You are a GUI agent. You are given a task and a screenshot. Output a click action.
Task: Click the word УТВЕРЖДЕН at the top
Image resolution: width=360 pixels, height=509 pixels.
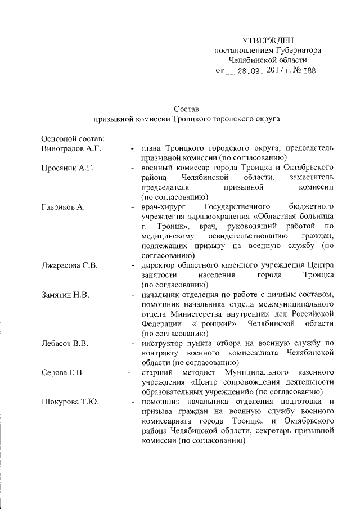(267, 40)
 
